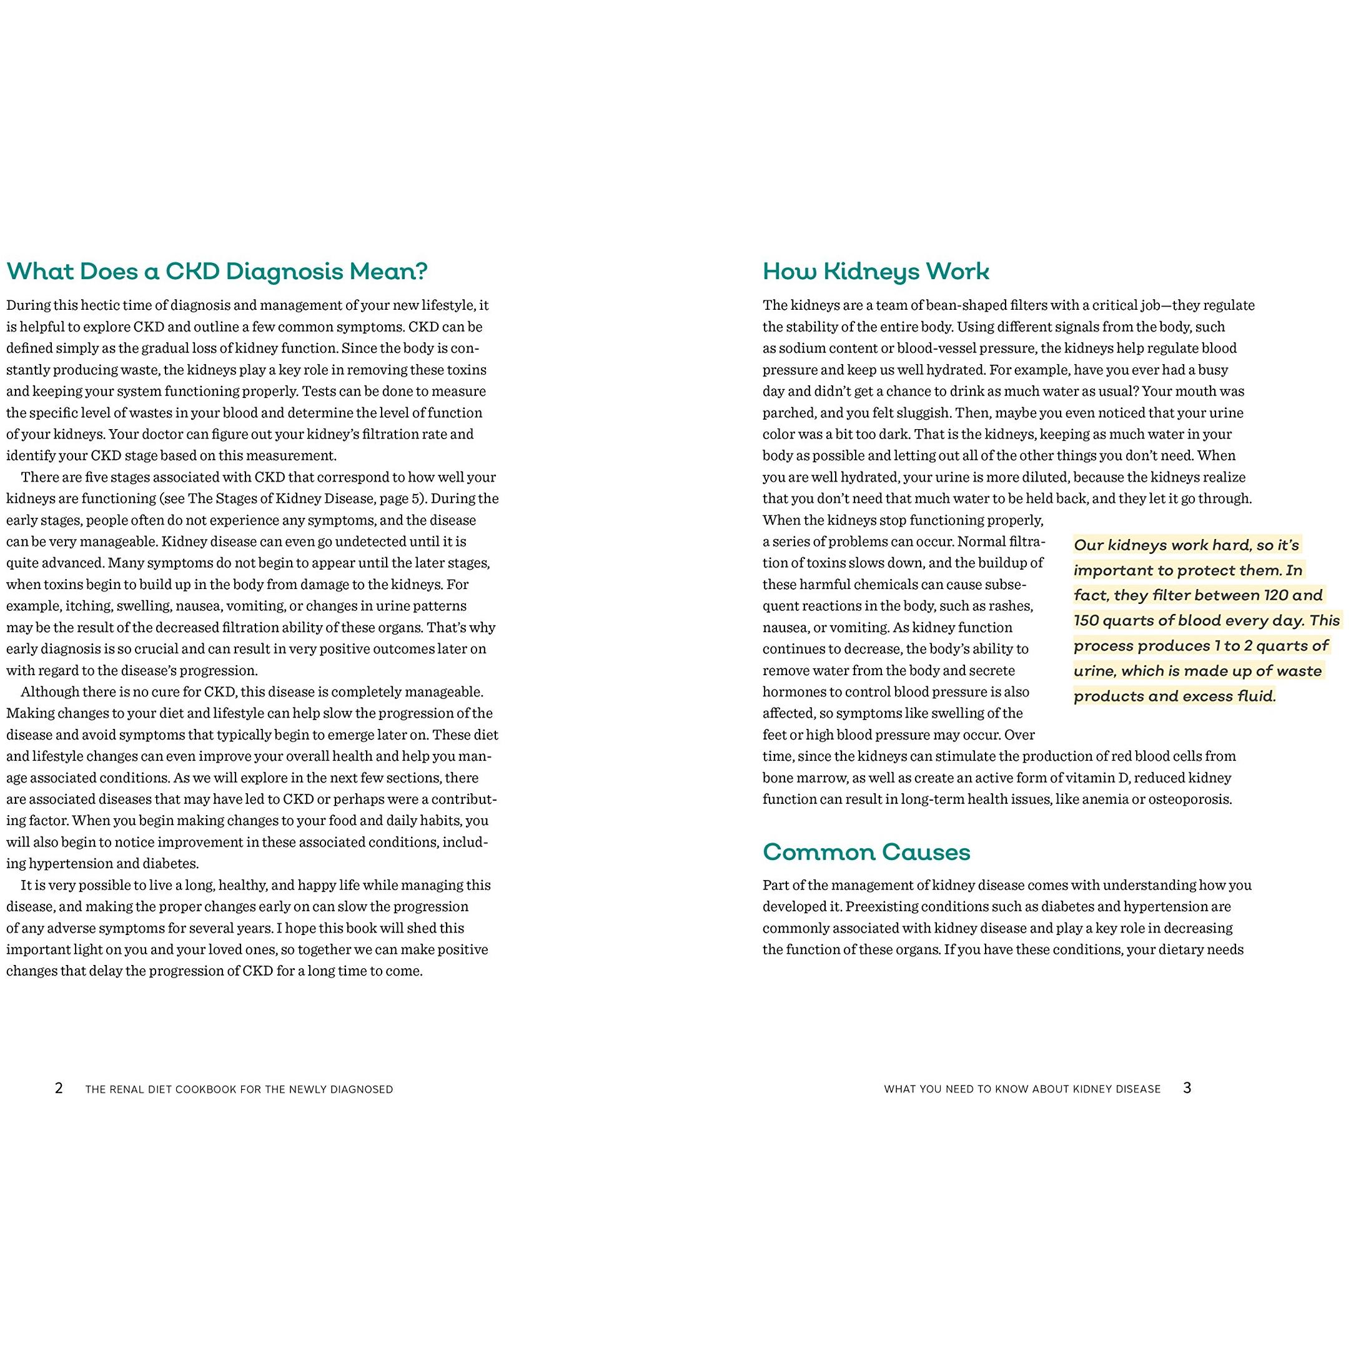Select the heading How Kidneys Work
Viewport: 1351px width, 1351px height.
coord(876,271)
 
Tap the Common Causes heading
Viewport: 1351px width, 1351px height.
coord(866,852)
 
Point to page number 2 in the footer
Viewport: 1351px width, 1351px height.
coord(59,1088)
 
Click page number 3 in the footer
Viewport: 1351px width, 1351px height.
coord(1187,1088)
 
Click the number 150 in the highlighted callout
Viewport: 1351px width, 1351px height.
coord(1086,621)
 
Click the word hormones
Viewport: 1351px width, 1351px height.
coord(791,692)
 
